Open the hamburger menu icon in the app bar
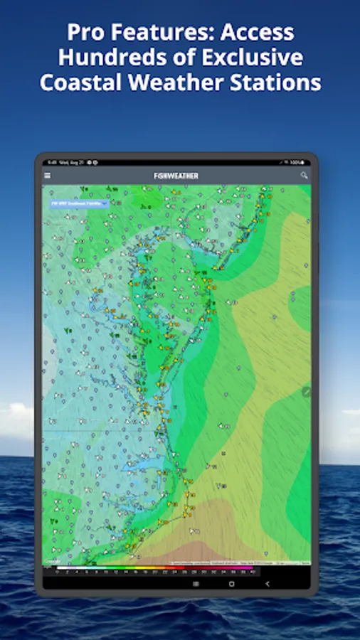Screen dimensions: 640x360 point(48,176)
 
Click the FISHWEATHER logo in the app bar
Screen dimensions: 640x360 point(176,176)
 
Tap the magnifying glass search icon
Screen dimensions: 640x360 point(304,176)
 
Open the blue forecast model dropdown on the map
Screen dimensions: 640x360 point(78,203)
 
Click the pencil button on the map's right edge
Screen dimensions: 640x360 point(307,391)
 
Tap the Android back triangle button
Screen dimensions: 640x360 point(268,583)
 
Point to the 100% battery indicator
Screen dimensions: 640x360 point(304,162)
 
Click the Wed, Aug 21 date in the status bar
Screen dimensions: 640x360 point(71,162)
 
